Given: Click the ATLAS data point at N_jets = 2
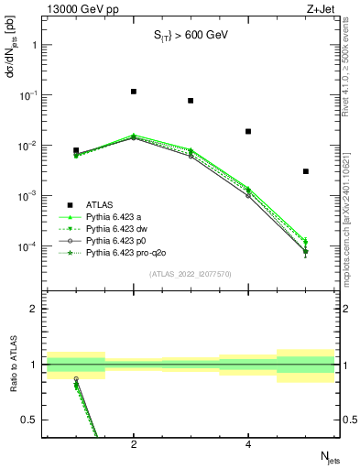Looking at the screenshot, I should coord(134,92).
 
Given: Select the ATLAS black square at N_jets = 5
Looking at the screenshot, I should coord(306,171).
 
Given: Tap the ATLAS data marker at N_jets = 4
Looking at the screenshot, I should coord(248,131).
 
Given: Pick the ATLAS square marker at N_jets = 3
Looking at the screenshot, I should coord(191,101).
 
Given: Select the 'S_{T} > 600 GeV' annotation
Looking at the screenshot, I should coord(190,36).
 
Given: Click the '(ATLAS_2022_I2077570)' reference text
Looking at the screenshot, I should coord(190,272).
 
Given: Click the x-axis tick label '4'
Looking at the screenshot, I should coord(248,444).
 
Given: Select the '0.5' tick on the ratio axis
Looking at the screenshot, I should coord(30,420).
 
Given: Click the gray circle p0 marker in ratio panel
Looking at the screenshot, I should coord(76,378).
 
